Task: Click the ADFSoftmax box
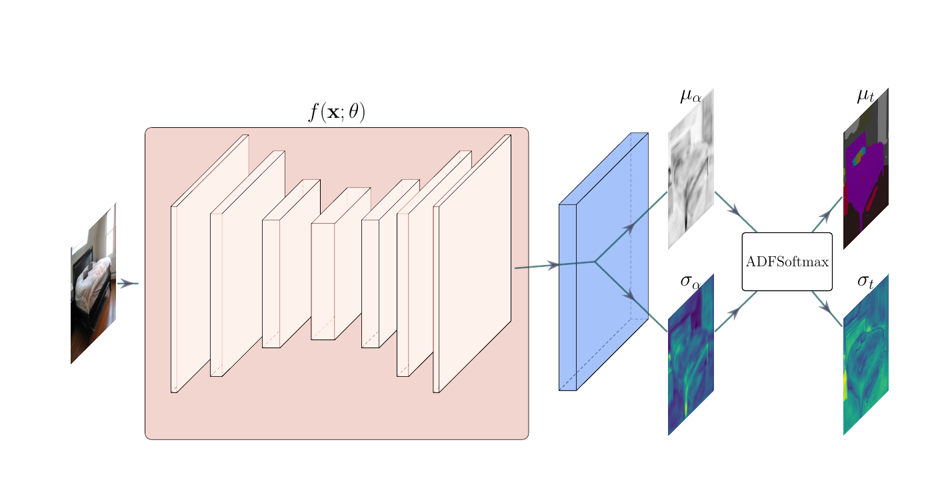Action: point(787,262)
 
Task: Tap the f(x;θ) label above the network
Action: point(337,113)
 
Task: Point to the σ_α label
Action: point(691,282)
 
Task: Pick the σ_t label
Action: point(865,282)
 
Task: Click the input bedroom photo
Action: point(93,283)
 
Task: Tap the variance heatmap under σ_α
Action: point(691,354)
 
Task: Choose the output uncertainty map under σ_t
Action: point(865,354)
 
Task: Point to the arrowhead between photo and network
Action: point(125,284)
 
